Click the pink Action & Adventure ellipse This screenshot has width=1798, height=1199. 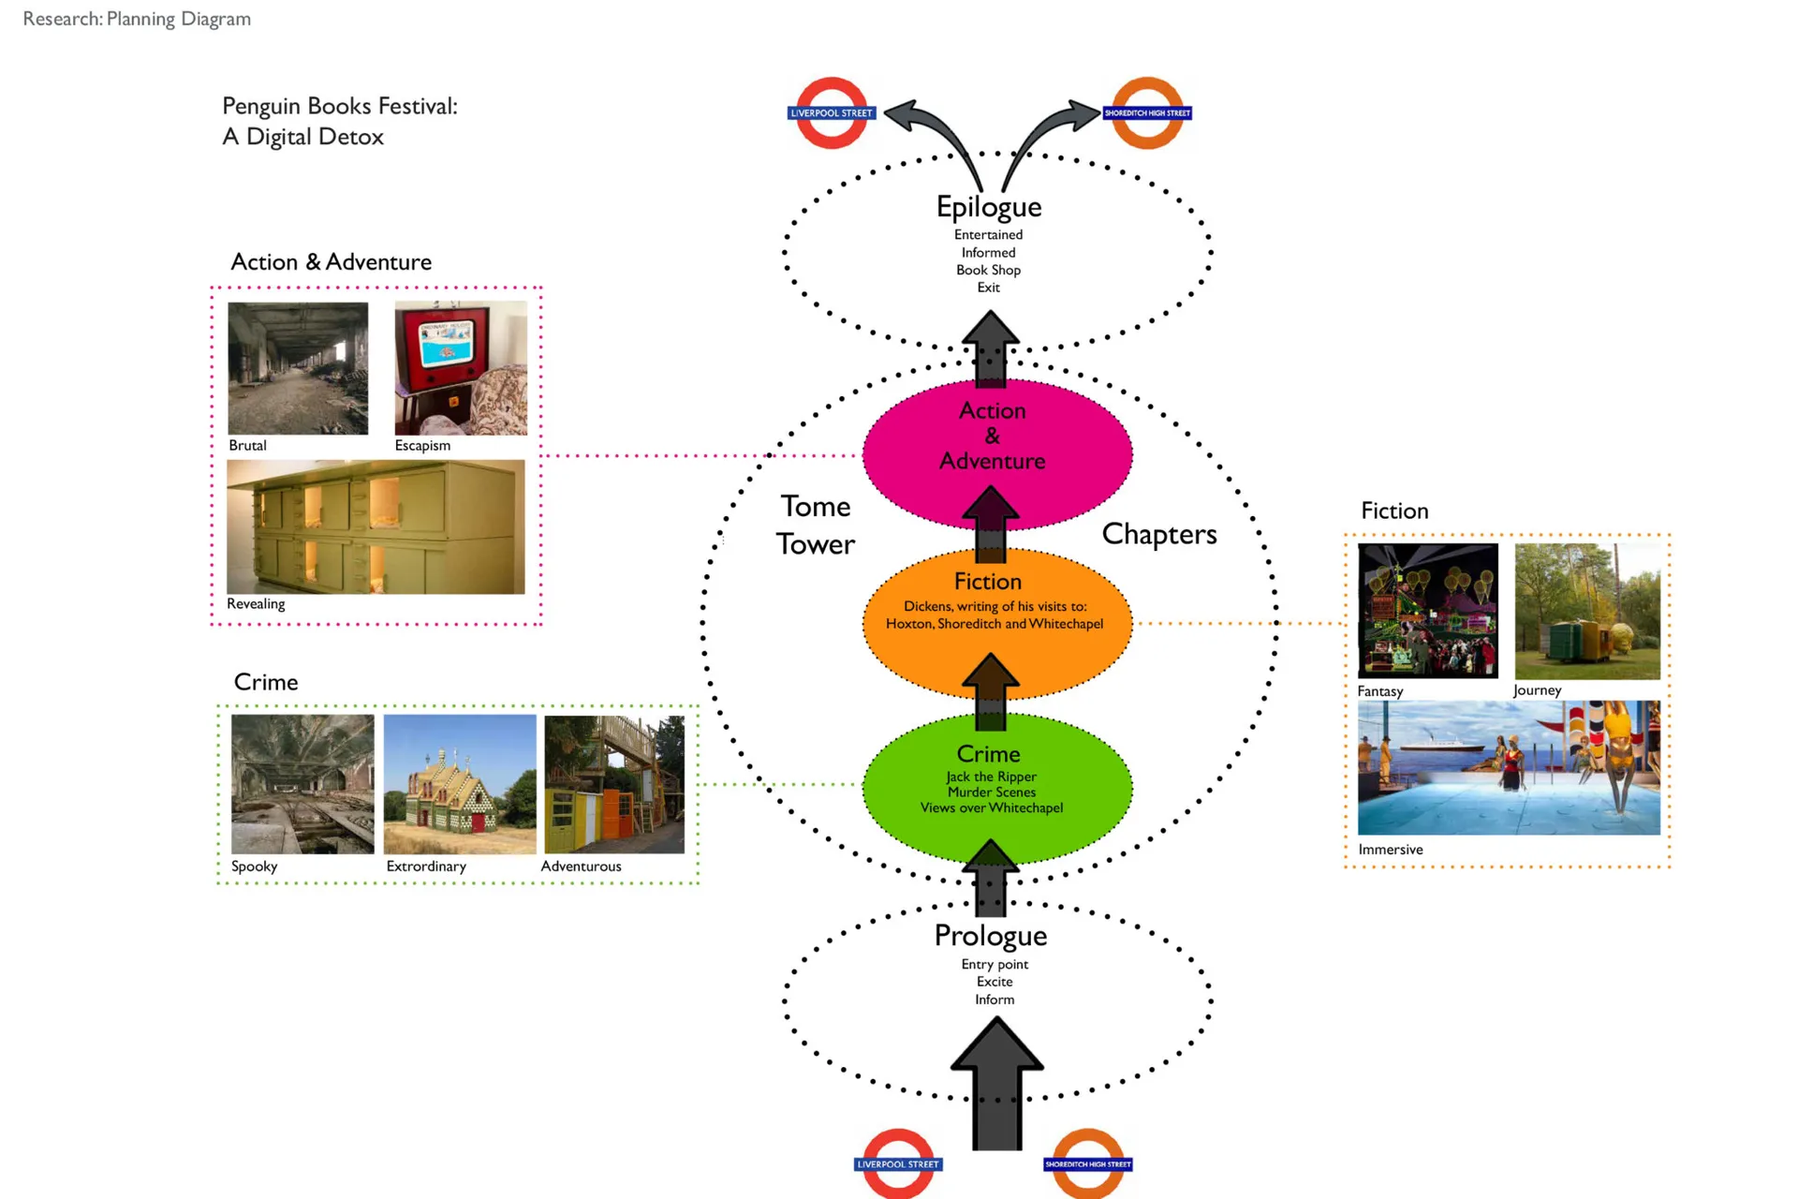point(996,454)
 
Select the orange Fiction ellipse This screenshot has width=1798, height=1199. point(996,623)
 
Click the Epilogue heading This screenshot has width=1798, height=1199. point(988,206)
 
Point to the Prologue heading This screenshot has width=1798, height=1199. point(990,935)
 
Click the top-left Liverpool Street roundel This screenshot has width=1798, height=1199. point(832,112)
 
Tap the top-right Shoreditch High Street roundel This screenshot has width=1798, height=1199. point(1147,112)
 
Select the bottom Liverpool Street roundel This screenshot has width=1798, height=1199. point(898,1163)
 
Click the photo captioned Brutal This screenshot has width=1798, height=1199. point(298,367)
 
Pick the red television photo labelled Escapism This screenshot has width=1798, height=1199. point(461,367)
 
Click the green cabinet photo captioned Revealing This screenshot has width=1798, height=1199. point(376,526)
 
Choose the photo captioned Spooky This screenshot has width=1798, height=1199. point(302,784)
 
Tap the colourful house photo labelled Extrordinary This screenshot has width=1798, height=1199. point(460,784)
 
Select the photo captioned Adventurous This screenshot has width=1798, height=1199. point(614,784)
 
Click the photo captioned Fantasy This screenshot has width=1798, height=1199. point(1427,611)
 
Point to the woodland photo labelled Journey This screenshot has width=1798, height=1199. point(1587,611)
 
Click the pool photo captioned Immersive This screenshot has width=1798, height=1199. point(1509,767)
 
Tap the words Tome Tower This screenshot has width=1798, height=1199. point(816,525)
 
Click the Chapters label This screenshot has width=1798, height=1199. point(1158,533)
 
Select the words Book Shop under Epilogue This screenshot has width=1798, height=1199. point(988,270)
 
